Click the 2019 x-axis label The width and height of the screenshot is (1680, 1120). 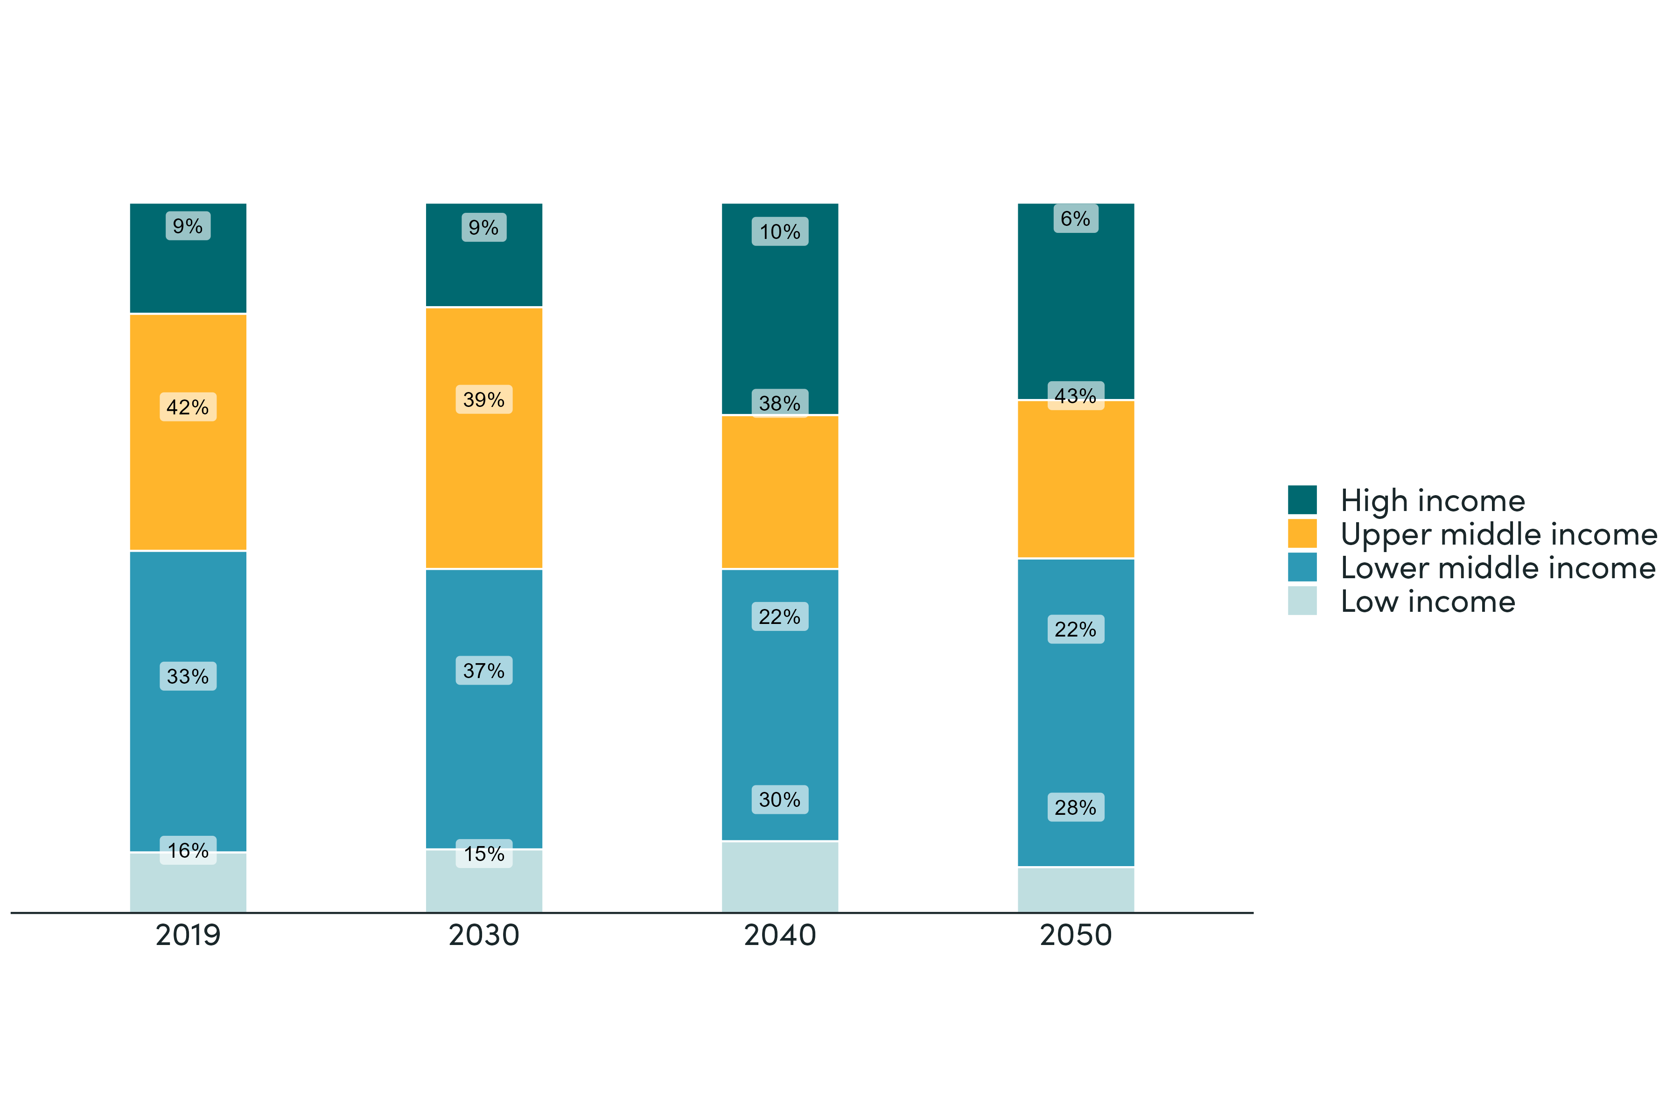(188, 935)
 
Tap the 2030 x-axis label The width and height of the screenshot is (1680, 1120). (483, 935)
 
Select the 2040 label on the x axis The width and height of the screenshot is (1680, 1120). (779, 935)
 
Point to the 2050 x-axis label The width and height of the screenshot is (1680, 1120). (1076, 935)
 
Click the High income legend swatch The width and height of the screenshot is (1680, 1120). (1302, 500)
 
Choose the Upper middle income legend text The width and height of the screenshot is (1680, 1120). (1498, 534)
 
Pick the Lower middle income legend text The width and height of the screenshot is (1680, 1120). (1498, 568)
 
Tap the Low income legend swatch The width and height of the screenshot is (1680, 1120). (1302, 601)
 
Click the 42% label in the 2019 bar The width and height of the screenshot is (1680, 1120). (188, 407)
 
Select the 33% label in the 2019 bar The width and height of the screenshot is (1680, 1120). (188, 676)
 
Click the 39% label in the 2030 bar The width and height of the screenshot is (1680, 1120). (483, 400)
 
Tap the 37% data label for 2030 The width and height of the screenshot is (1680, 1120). (483, 671)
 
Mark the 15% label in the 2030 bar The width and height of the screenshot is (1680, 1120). (483, 854)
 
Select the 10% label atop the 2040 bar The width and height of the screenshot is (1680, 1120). (779, 231)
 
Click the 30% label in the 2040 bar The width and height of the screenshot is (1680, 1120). (779, 799)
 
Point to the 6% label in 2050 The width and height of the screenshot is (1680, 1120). (1076, 218)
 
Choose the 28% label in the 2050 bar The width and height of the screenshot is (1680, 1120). (1076, 807)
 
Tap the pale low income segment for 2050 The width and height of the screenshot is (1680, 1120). (1076, 889)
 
